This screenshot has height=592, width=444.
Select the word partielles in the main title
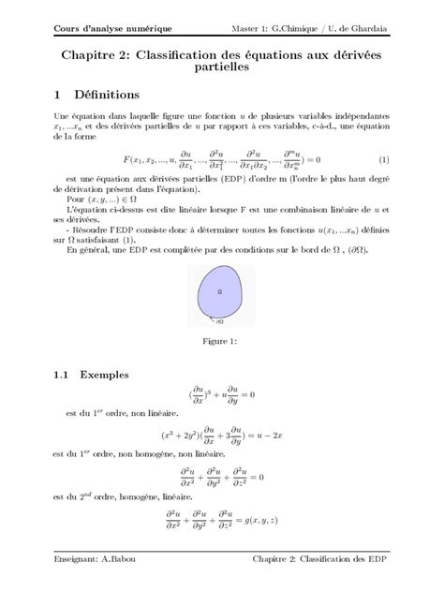222,68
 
